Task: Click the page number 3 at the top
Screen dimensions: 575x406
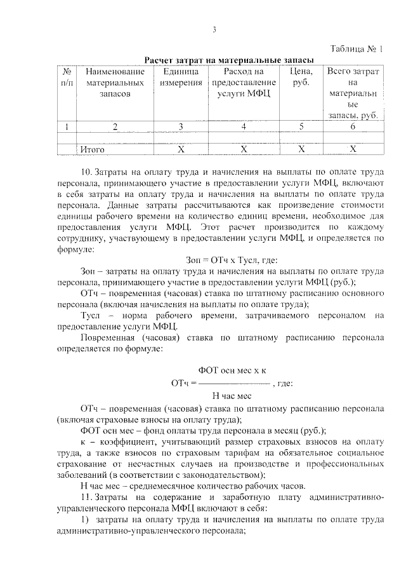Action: tap(214, 29)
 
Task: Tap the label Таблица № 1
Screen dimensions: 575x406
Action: tap(358, 49)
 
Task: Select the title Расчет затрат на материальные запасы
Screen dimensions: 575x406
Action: tap(230, 60)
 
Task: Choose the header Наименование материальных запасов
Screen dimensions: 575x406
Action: tap(115, 83)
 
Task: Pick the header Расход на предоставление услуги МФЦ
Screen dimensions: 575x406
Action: tap(244, 83)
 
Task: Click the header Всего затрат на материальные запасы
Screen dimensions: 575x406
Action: tap(353, 93)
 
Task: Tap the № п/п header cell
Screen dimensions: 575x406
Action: tap(66, 78)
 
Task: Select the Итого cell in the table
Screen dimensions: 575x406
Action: tap(93, 149)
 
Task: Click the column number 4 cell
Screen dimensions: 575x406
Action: tap(244, 126)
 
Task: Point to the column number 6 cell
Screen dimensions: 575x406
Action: tap(353, 126)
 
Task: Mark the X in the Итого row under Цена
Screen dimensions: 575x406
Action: tap(301, 149)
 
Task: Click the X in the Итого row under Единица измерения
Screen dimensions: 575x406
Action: tap(180, 149)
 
